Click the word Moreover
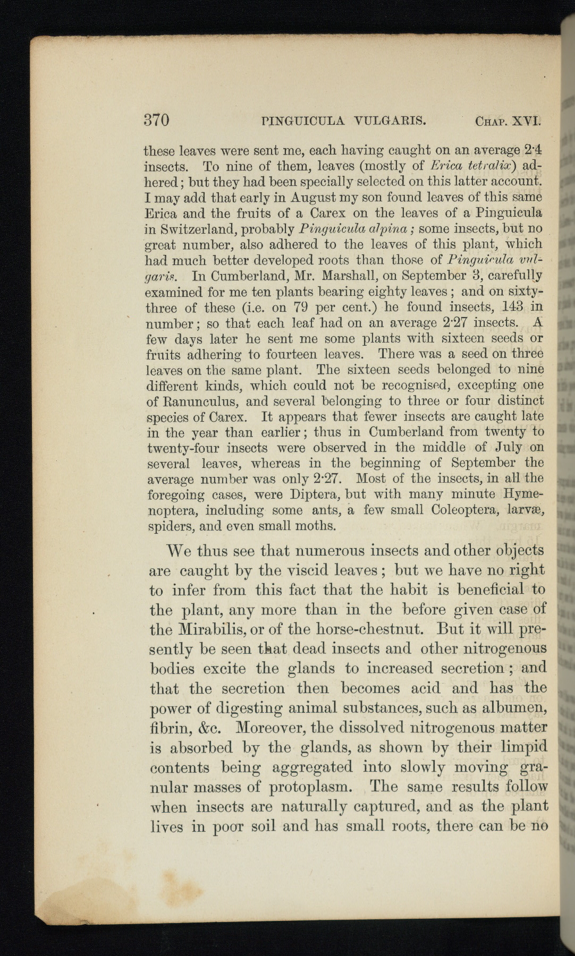pos(272,728)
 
